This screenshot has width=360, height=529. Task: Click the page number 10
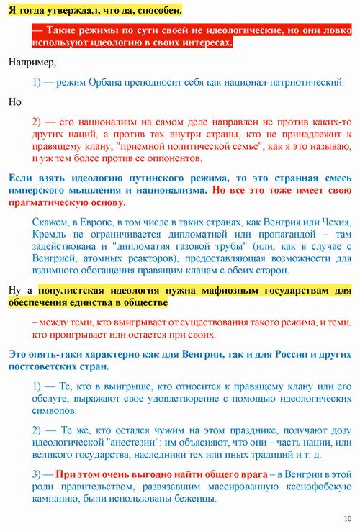coord(348,519)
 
